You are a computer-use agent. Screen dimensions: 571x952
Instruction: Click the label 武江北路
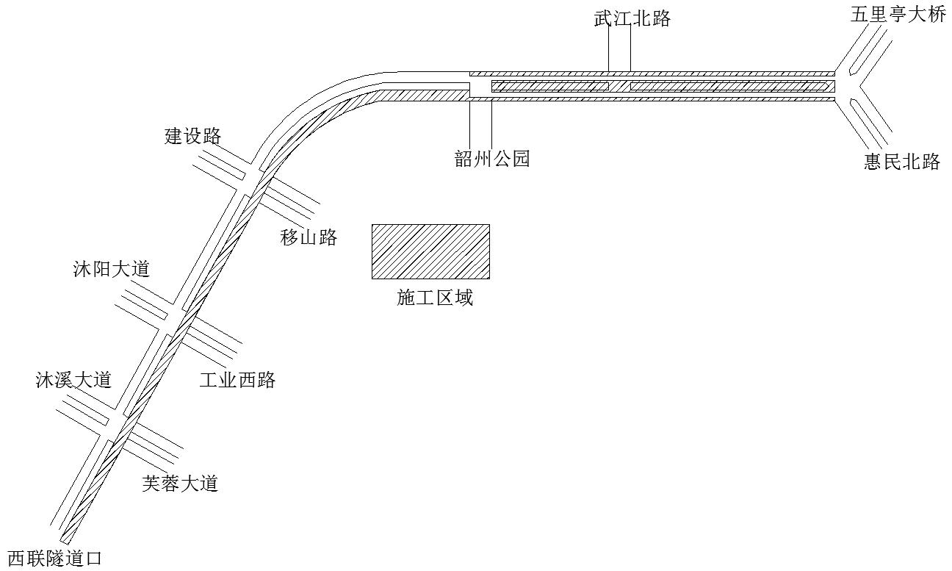632,18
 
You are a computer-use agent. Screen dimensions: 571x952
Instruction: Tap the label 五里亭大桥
898,15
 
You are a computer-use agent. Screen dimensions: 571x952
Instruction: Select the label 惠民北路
901,162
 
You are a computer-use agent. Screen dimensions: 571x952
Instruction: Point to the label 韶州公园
492,159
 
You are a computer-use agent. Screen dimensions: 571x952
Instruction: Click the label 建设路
193,136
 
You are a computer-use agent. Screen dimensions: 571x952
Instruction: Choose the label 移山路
309,237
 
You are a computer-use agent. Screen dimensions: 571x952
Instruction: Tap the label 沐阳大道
112,269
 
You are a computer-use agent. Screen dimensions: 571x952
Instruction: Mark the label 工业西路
237,380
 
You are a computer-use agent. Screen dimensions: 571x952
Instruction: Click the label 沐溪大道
73,380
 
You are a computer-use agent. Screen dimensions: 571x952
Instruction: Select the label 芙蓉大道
180,484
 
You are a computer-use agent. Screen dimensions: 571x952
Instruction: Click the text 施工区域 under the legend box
435,298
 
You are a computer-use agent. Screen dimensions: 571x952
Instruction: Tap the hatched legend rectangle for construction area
430,251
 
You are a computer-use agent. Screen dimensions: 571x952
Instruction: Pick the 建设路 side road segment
220,165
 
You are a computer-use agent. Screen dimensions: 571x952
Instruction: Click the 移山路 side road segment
292,198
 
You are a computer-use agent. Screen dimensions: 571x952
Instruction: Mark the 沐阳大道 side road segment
143,306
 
